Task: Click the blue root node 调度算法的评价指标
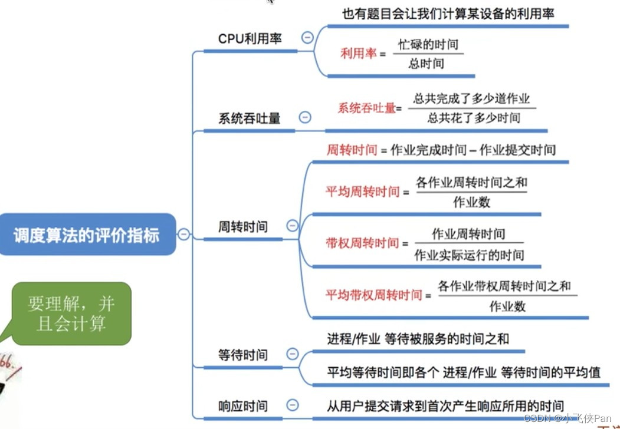click(87, 235)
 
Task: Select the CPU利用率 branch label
click(250, 39)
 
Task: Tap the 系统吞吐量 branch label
click(249, 118)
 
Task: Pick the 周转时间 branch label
click(242, 226)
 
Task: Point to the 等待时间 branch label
click(242, 355)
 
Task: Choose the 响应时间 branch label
click(242, 406)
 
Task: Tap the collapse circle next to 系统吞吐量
click(305, 117)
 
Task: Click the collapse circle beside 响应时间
click(292, 405)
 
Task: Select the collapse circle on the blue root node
click(184, 235)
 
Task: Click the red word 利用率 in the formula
click(358, 54)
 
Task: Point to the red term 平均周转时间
click(362, 192)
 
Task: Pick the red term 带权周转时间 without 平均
click(362, 243)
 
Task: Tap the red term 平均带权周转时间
click(374, 295)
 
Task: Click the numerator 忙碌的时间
click(428, 44)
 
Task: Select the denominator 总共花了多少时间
click(474, 118)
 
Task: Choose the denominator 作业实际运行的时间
click(469, 255)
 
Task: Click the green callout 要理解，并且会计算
click(71, 313)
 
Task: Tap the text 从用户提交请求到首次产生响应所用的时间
click(445, 405)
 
